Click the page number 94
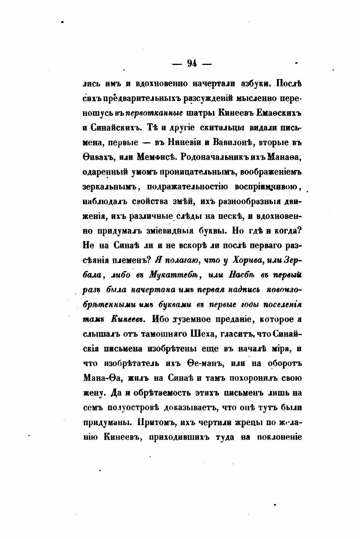pyautogui.click(x=192, y=64)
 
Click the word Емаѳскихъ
pyautogui.click(x=279, y=113)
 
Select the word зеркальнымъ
pyautogui.click(x=109, y=187)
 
